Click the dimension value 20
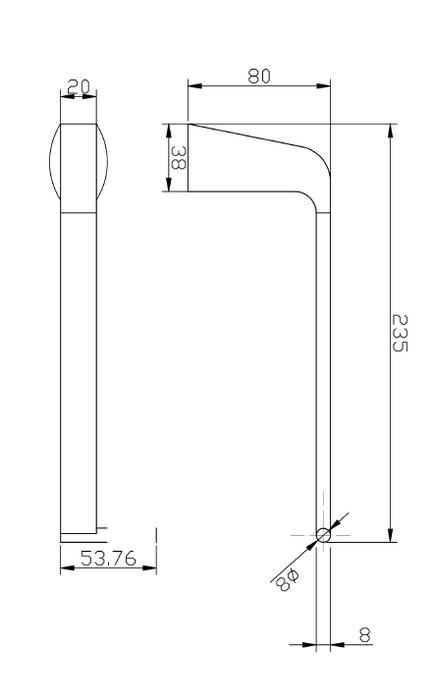[80, 88]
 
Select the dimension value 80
[260, 76]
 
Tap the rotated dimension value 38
[177, 158]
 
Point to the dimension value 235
[401, 333]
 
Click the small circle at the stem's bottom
[323, 535]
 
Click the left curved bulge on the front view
[53, 168]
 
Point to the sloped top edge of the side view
[250, 134]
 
